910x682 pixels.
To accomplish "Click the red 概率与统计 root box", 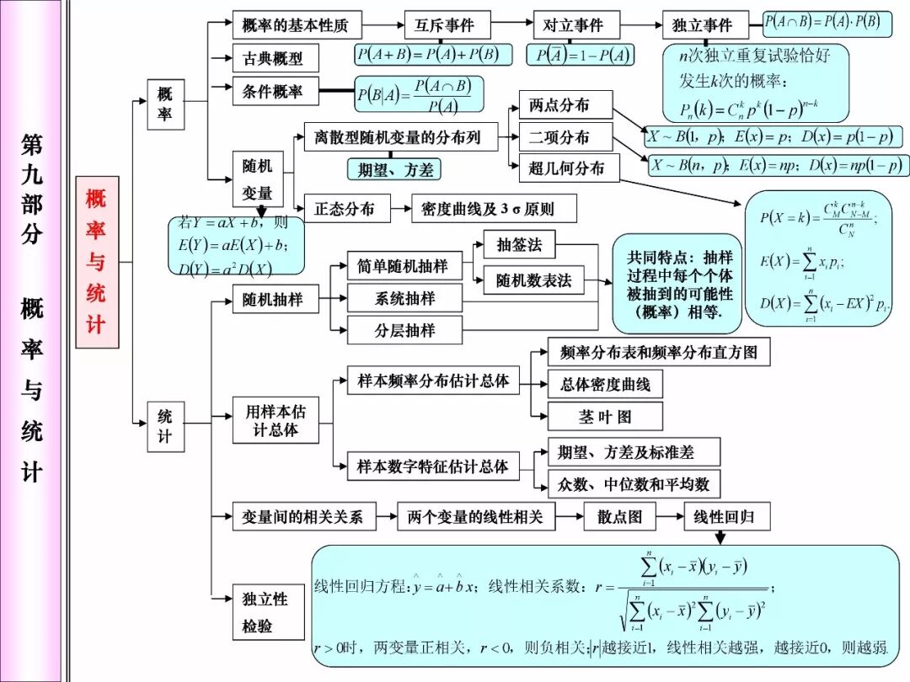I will [x=97, y=262].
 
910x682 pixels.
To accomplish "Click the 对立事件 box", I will [x=576, y=25].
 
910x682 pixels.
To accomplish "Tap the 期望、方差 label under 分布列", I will [x=394, y=169].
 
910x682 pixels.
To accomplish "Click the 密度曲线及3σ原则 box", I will [x=493, y=209].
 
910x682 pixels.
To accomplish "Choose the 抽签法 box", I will [x=519, y=245].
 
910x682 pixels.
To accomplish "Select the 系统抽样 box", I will [x=404, y=298].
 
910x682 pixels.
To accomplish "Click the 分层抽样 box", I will [x=404, y=330].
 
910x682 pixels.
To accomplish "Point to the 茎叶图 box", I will [x=605, y=417].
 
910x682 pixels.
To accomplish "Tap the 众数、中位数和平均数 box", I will [x=634, y=484].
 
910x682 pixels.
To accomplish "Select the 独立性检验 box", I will [x=267, y=612].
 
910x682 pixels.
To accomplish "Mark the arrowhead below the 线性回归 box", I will [x=720, y=538].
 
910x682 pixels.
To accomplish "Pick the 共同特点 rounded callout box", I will [x=679, y=284].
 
